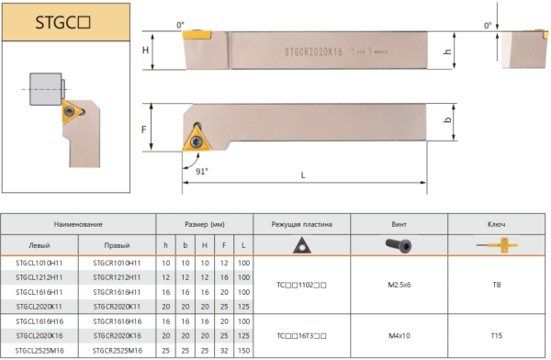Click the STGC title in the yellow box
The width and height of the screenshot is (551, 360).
(x=62, y=22)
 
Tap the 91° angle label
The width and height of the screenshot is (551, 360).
(x=202, y=171)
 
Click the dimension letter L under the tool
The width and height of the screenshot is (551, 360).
(x=303, y=174)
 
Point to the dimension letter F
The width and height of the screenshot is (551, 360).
(x=144, y=129)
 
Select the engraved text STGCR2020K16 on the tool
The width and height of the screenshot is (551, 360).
(x=313, y=52)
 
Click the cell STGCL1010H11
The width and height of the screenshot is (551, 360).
(x=39, y=263)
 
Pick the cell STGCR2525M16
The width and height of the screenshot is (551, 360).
(x=118, y=351)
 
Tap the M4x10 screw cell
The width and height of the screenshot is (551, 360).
(x=399, y=336)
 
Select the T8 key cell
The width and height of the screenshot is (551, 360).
(x=496, y=285)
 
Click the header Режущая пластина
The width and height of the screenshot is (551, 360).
(x=301, y=224)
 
